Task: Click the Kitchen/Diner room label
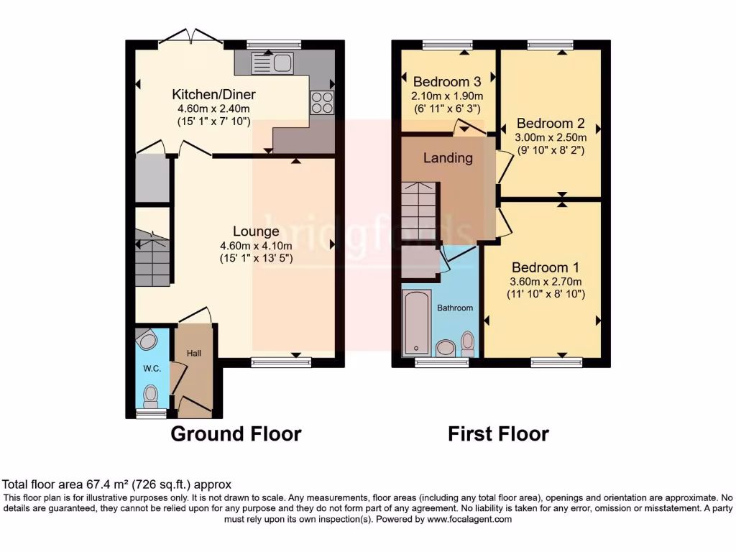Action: [x=213, y=94]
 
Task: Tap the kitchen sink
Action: [x=272, y=63]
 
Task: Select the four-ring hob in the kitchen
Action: [x=322, y=102]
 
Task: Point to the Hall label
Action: [x=194, y=353]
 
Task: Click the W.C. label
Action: [x=151, y=369]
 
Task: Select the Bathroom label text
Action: [x=456, y=308]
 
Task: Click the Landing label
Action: [x=448, y=157]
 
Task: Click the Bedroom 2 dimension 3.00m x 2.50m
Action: [x=551, y=138]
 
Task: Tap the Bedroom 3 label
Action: [x=446, y=81]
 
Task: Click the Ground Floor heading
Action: [x=236, y=434]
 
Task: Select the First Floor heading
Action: [x=498, y=434]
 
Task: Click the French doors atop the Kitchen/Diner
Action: [x=191, y=35]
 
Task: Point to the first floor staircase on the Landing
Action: [x=418, y=211]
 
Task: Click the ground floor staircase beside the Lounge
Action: [x=152, y=257]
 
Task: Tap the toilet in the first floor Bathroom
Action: [x=467, y=343]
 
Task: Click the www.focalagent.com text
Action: [x=469, y=519]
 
